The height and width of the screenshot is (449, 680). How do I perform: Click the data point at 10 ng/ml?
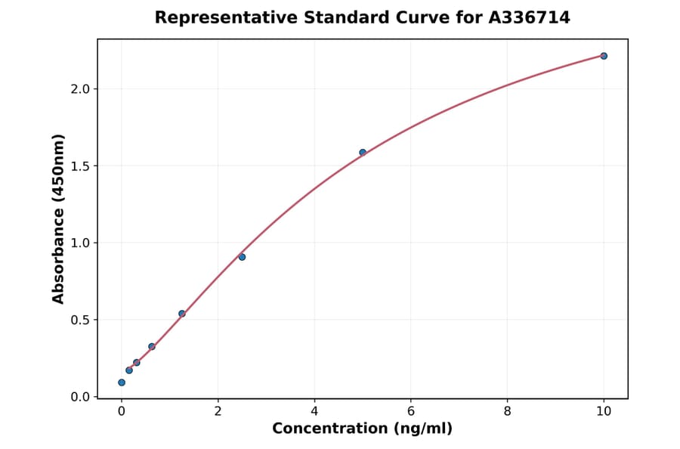pos(604,56)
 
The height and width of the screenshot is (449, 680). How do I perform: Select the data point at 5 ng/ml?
pos(363,153)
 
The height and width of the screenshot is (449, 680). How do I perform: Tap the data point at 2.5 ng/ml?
pos(242,257)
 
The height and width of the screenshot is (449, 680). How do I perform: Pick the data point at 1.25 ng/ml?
pos(182,314)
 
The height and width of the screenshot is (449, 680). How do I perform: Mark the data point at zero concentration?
pos(122,382)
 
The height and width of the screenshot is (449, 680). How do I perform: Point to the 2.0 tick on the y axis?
pos(80,89)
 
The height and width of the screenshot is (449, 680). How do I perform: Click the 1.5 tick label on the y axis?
pos(80,166)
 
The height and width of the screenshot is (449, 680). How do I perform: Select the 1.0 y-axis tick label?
pos(80,243)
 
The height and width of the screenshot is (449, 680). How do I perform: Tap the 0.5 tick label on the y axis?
pos(80,320)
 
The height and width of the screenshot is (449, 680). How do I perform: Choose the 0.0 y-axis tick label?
pos(80,397)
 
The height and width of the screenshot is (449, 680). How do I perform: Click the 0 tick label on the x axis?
pos(122,412)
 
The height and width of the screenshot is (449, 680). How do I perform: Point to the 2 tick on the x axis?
pos(218,412)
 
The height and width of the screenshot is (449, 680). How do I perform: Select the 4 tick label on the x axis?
pos(314,412)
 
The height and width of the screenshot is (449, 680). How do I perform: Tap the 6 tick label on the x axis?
pos(411,412)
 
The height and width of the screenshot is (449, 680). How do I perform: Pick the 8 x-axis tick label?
pos(507,412)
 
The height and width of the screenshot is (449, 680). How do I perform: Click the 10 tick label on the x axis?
pos(604,412)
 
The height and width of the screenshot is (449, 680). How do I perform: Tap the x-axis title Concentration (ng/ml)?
pos(362,429)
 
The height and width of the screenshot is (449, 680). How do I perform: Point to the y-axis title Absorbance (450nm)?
pos(59,218)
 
